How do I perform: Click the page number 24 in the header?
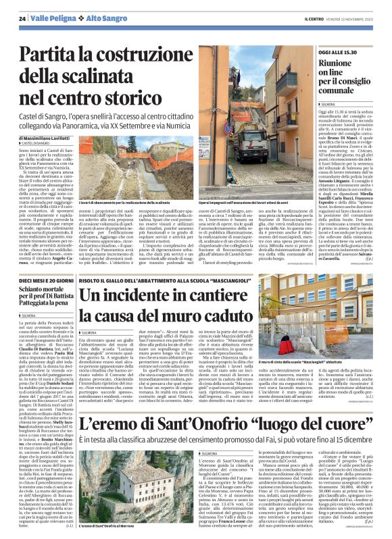pyautogui.click(x=22, y=19)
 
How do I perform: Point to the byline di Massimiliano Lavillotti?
pyautogui.click(x=50, y=138)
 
